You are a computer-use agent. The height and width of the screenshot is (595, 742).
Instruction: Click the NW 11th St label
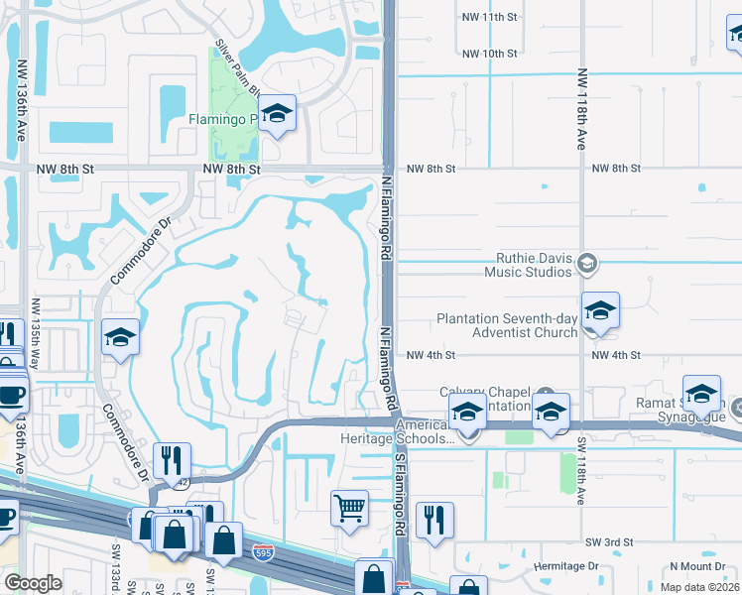tap(490, 17)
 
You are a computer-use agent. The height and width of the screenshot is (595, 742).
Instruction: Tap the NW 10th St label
tap(490, 53)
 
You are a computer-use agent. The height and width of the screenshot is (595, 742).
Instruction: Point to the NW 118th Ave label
tap(581, 110)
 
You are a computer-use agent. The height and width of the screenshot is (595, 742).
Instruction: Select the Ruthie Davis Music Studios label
tap(529, 264)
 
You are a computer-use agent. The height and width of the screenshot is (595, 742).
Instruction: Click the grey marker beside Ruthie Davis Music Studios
tap(587, 263)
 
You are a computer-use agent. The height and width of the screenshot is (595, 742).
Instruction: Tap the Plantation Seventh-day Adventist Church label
tap(507, 325)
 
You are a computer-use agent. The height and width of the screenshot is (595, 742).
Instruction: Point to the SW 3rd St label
tap(608, 542)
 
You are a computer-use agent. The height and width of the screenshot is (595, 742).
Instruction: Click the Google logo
tap(34, 582)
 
